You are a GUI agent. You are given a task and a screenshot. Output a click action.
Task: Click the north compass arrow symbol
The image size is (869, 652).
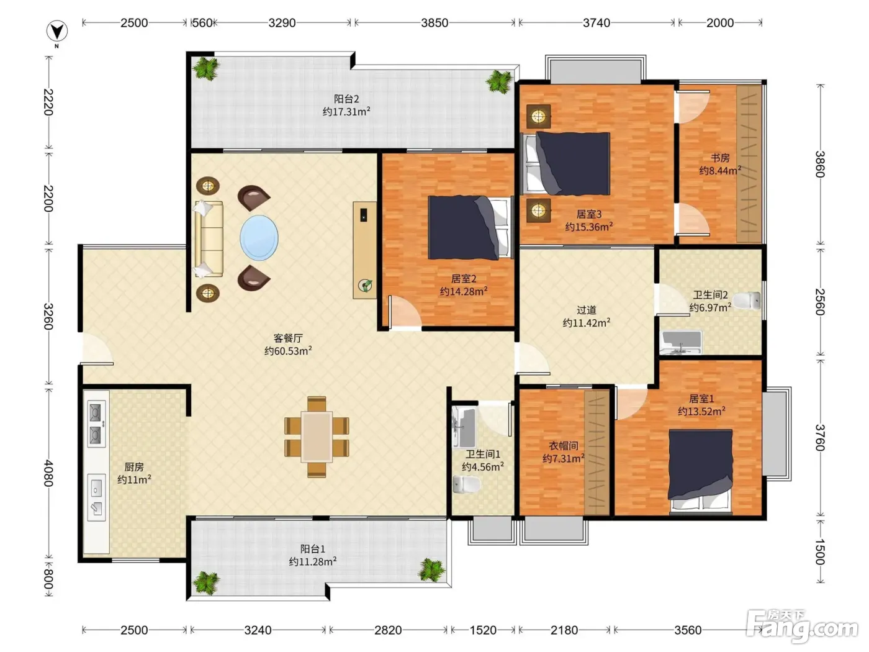point(57,31)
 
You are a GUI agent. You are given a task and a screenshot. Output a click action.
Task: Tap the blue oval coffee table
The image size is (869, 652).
point(259,238)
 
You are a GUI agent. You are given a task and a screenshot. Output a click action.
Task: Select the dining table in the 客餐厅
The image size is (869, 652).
point(317,437)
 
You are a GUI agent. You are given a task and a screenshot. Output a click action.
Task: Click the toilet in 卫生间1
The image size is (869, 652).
point(466,484)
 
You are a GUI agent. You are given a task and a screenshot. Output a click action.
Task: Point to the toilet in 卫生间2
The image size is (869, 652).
point(747,301)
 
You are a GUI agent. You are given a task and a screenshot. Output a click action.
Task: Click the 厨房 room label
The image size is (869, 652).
point(134,467)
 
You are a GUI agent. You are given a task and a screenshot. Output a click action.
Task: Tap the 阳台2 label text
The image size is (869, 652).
point(346,99)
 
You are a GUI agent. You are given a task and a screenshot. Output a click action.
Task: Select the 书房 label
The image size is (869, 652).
point(720,158)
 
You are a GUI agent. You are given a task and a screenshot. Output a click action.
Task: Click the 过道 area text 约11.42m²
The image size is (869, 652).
point(587,322)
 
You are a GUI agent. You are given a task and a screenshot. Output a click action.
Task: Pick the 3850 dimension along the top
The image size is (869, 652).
point(434,23)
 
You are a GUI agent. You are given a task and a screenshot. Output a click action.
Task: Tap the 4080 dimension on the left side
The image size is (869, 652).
point(48,473)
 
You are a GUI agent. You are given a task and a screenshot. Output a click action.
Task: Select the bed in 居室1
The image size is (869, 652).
point(700,472)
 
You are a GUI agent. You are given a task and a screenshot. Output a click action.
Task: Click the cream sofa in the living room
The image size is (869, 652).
point(209,238)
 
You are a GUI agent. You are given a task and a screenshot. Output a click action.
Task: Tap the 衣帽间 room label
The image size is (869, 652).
point(563,446)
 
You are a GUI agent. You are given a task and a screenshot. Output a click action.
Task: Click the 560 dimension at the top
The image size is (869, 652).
point(202,23)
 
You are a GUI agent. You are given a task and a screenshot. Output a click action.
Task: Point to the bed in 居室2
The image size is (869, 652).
point(469,227)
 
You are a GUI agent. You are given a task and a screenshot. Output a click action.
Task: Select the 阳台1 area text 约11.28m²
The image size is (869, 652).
point(312,561)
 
